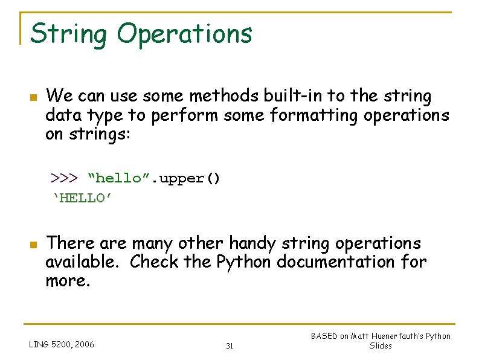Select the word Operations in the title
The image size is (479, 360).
click(x=184, y=34)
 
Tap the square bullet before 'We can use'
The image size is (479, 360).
click(x=34, y=97)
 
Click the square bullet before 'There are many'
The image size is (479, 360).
click(x=34, y=245)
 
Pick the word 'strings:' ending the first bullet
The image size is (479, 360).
click(x=94, y=134)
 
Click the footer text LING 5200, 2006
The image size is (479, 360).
click(x=62, y=345)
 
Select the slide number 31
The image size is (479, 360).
click(x=230, y=346)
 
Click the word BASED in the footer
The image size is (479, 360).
click(x=324, y=336)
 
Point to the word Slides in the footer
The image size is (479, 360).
click(x=381, y=346)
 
